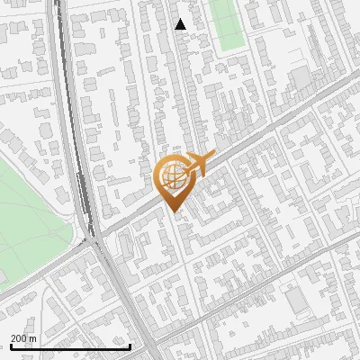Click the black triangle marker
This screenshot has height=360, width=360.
tap(181, 24)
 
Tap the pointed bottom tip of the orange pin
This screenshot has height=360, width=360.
tap(172, 212)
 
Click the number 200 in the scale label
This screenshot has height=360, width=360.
tap(18, 338)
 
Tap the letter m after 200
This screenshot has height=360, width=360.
tap(32, 338)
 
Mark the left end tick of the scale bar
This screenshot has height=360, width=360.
tap(11, 346)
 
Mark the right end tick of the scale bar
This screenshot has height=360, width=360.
tap(130, 346)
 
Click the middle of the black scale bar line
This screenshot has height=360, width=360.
tap(70, 346)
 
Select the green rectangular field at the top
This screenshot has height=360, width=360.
tap(228, 22)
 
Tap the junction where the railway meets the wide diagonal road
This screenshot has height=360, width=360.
tap(94, 238)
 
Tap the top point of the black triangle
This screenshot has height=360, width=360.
tap(181, 19)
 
